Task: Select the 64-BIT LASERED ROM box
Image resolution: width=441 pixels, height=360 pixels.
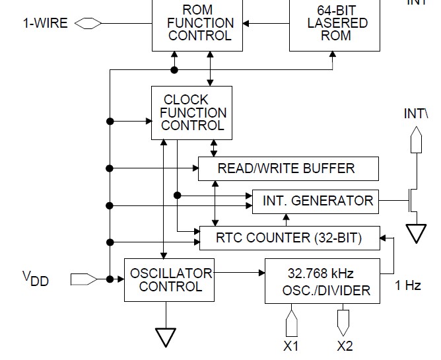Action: click(x=335, y=25)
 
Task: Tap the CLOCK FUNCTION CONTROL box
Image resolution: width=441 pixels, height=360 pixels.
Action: click(x=191, y=112)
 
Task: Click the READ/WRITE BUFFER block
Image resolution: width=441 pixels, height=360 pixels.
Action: click(x=288, y=168)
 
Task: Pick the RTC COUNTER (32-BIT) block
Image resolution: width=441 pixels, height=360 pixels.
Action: click(x=290, y=238)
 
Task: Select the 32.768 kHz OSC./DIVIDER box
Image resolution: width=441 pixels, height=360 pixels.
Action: click(x=322, y=281)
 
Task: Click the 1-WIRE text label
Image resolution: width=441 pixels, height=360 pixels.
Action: click(x=46, y=24)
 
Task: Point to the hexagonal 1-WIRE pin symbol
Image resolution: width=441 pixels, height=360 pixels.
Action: click(x=88, y=24)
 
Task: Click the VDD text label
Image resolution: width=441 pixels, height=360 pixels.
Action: click(x=35, y=279)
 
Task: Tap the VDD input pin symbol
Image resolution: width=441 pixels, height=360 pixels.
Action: click(x=83, y=279)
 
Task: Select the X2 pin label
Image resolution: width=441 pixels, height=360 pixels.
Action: click(x=344, y=346)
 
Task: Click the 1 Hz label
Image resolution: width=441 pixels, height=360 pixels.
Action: click(x=408, y=286)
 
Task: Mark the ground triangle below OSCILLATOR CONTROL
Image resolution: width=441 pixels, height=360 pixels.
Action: click(x=166, y=338)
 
